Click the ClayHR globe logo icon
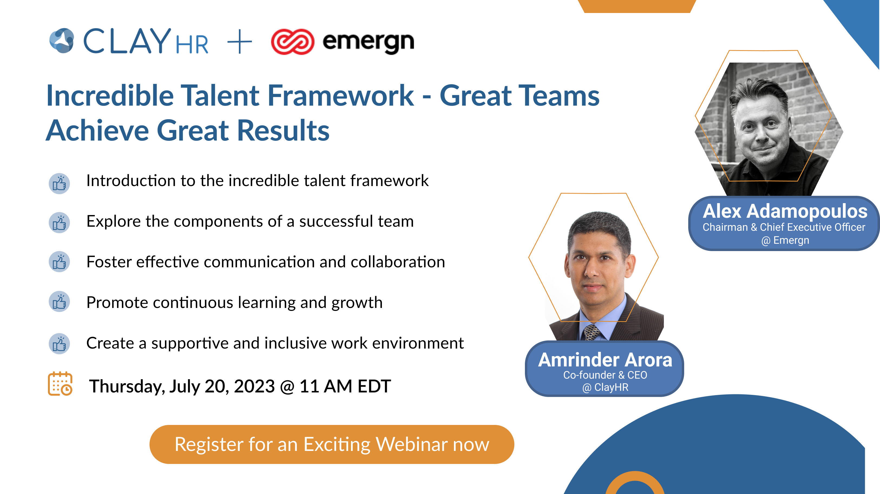(x=62, y=41)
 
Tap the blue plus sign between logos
(x=239, y=41)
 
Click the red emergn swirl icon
(x=293, y=42)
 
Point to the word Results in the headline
(x=283, y=131)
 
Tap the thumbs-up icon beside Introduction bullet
(x=59, y=183)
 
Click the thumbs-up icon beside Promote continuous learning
(x=59, y=302)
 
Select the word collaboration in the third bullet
(x=398, y=262)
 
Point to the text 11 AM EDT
(x=345, y=386)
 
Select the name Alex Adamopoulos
(x=785, y=211)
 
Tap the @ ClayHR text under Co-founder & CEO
(x=605, y=387)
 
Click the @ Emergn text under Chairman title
(x=785, y=240)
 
